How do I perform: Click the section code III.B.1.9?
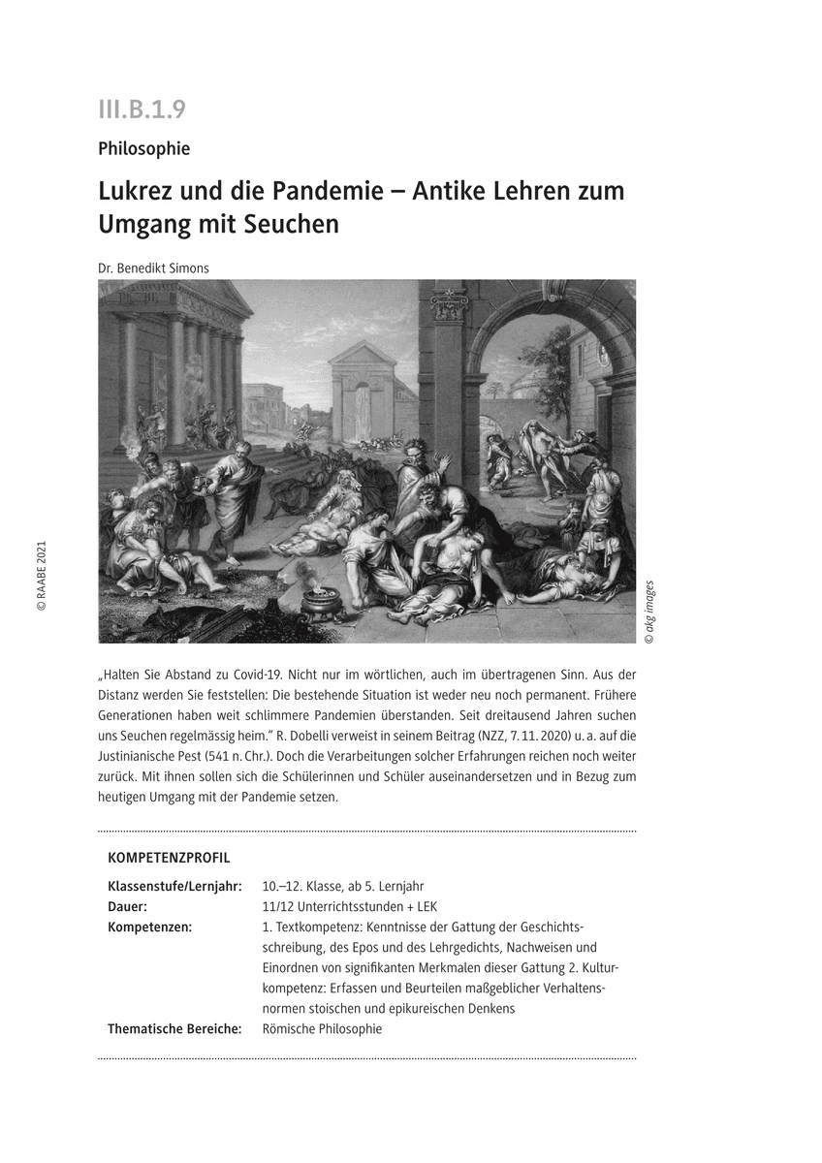pyautogui.click(x=141, y=110)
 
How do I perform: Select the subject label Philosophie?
pyautogui.click(x=143, y=149)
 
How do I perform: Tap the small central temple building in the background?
pyautogui.click(x=363, y=393)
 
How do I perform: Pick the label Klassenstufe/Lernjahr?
pyautogui.click(x=174, y=887)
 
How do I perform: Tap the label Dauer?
pyautogui.click(x=127, y=907)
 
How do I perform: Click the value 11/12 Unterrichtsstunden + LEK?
pyautogui.click(x=350, y=907)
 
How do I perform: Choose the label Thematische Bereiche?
pyautogui.click(x=174, y=1029)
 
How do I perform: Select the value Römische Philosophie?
pyautogui.click(x=322, y=1029)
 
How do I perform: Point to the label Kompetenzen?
pyautogui.click(x=149, y=927)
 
